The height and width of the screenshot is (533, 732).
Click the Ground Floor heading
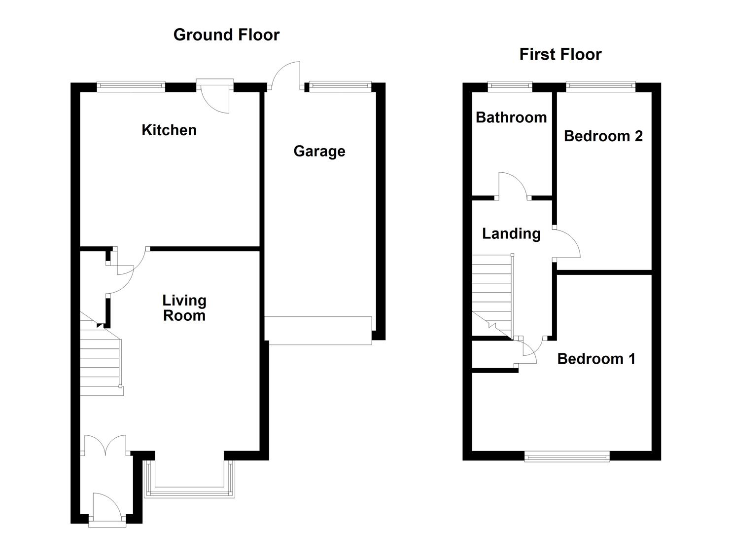[x=226, y=35]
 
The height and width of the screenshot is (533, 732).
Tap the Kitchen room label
[x=169, y=130]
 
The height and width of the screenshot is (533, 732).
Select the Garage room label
[x=319, y=152]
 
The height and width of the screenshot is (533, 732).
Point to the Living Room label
[x=184, y=308]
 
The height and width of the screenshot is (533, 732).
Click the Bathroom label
[x=511, y=117]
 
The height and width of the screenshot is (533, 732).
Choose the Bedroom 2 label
[x=603, y=136]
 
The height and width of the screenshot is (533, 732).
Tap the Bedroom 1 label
[x=596, y=359]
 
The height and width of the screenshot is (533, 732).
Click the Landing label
[x=512, y=234]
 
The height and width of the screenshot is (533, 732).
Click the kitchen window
[x=131, y=86]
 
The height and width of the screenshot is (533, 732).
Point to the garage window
[x=340, y=86]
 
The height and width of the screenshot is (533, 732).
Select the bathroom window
[x=510, y=86]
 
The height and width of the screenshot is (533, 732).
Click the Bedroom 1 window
[x=567, y=457]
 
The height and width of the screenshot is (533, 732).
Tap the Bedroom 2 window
[x=600, y=86]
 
